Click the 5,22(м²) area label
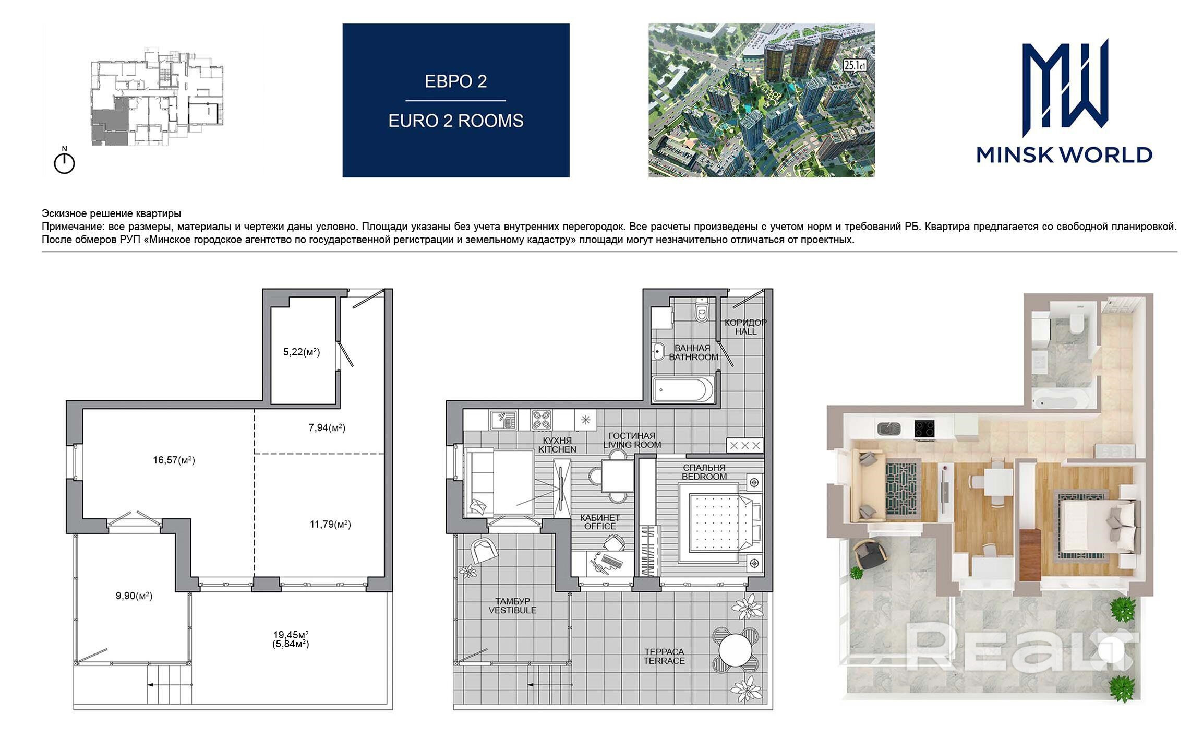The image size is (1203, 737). pyautogui.click(x=302, y=352)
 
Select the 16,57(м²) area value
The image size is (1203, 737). pyautogui.click(x=174, y=460)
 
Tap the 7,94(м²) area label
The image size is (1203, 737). pyautogui.click(x=327, y=428)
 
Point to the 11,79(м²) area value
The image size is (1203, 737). pyautogui.click(x=330, y=525)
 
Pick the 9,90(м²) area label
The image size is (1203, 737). pyautogui.click(x=134, y=596)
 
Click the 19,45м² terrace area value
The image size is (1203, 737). pyautogui.click(x=291, y=635)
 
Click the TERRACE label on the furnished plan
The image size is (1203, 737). pyautogui.click(x=664, y=661)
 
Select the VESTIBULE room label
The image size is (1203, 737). pyautogui.click(x=512, y=610)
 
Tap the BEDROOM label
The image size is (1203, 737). pyautogui.click(x=704, y=477)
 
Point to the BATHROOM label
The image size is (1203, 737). pyautogui.click(x=694, y=358)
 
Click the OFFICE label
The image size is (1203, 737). pyautogui.click(x=600, y=526)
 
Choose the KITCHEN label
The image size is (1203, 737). pyautogui.click(x=557, y=449)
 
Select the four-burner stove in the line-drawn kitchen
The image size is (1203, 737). pyautogui.click(x=542, y=420)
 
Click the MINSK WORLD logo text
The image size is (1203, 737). pyautogui.click(x=1064, y=154)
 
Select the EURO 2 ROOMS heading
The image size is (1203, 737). pyautogui.click(x=456, y=121)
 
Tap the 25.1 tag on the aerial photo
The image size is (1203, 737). pyautogui.click(x=855, y=66)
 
